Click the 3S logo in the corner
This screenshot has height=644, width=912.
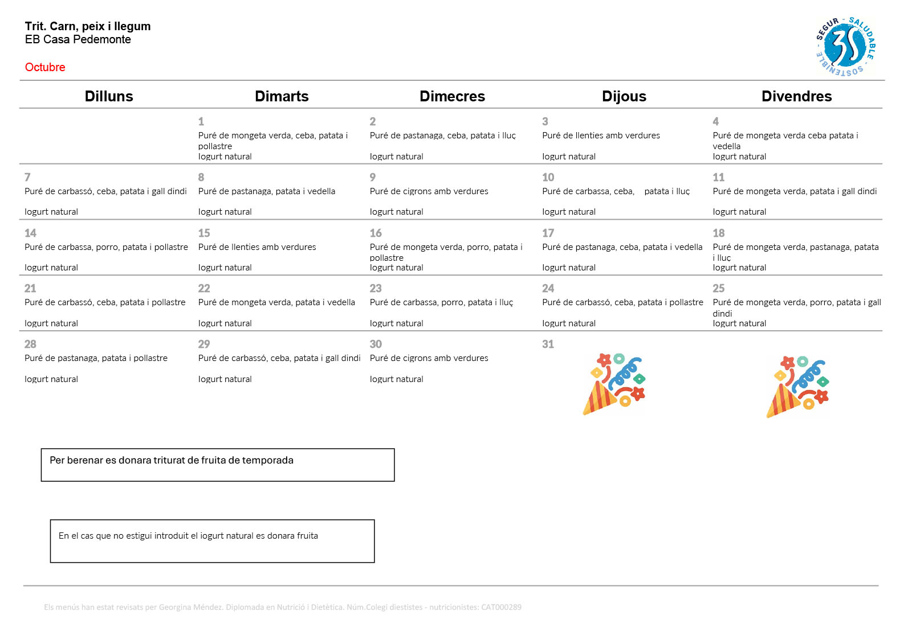pyautogui.click(x=845, y=47)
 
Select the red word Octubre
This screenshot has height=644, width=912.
pyautogui.click(x=45, y=67)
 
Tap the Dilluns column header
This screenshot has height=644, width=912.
pyautogui.click(x=109, y=96)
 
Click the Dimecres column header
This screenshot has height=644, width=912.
pyautogui.click(x=452, y=96)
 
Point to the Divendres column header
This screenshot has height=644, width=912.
pyautogui.click(x=796, y=96)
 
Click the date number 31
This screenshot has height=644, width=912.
pyautogui.click(x=548, y=344)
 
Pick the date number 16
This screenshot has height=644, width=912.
pyautogui.click(x=376, y=233)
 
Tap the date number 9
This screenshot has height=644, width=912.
pyautogui.click(x=373, y=177)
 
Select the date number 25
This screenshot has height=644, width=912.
pyautogui.click(x=719, y=288)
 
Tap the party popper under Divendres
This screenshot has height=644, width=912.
pyautogui.click(x=797, y=387)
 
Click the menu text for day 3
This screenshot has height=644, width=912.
pyautogui.click(x=601, y=136)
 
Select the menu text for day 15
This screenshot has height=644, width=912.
pyautogui.click(x=257, y=247)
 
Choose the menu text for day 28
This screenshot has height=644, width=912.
pyautogui.click(x=96, y=358)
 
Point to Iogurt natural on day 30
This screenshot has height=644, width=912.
pyautogui.click(x=396, y=379)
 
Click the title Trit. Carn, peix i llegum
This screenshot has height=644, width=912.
pyautogui.click(x=88, y=26)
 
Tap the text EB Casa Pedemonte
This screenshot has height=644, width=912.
pyautogui.click(x=78, y=39)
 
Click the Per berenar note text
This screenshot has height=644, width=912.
pyautogui.click(x=172, y=460)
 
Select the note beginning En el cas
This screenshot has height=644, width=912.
pyautogui.click(x=188, y=536)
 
